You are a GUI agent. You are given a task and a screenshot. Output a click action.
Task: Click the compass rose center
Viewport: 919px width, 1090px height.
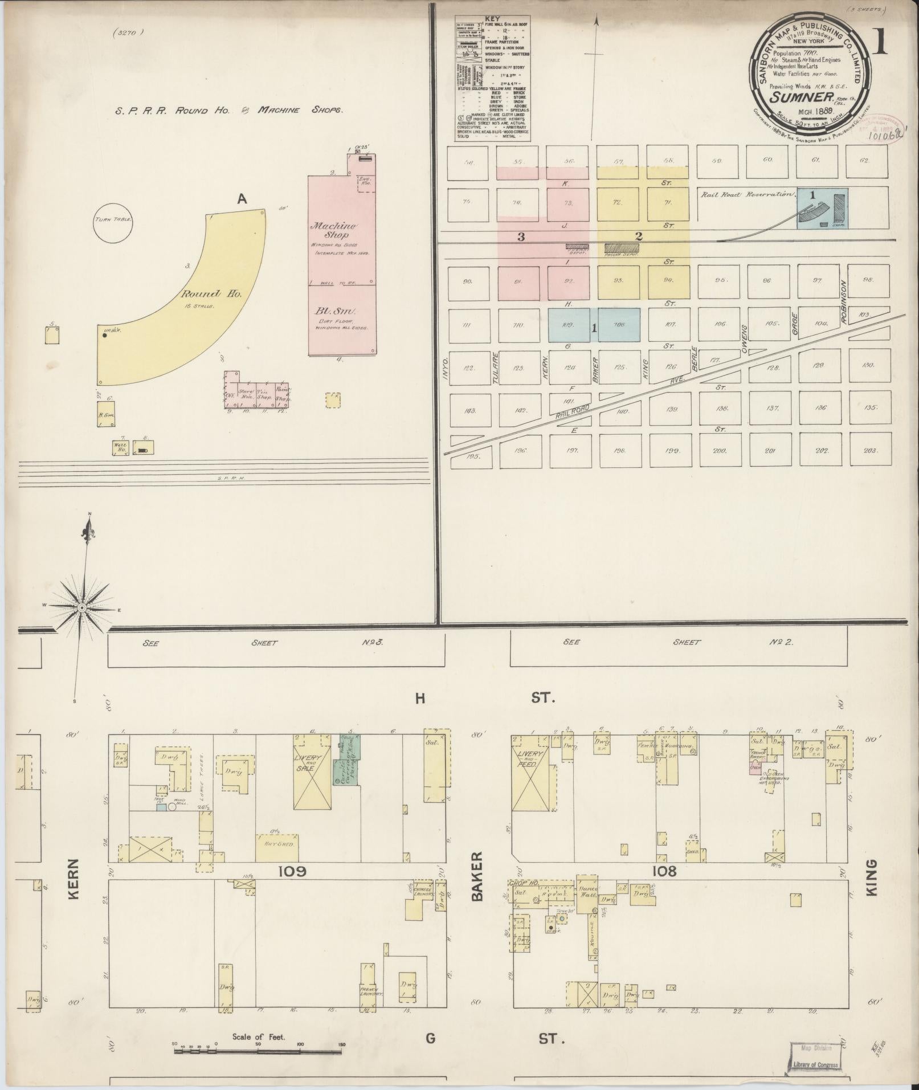82,608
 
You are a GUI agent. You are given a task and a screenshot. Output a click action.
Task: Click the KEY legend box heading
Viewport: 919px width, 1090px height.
492,19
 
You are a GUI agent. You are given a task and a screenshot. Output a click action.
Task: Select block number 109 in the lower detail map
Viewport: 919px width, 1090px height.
293,887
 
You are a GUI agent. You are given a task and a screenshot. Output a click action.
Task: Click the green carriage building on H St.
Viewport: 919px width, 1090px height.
346,761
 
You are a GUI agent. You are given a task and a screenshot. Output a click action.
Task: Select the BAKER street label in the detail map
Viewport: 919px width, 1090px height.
477,884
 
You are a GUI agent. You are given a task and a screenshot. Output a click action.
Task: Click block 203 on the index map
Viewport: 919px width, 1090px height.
869,451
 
